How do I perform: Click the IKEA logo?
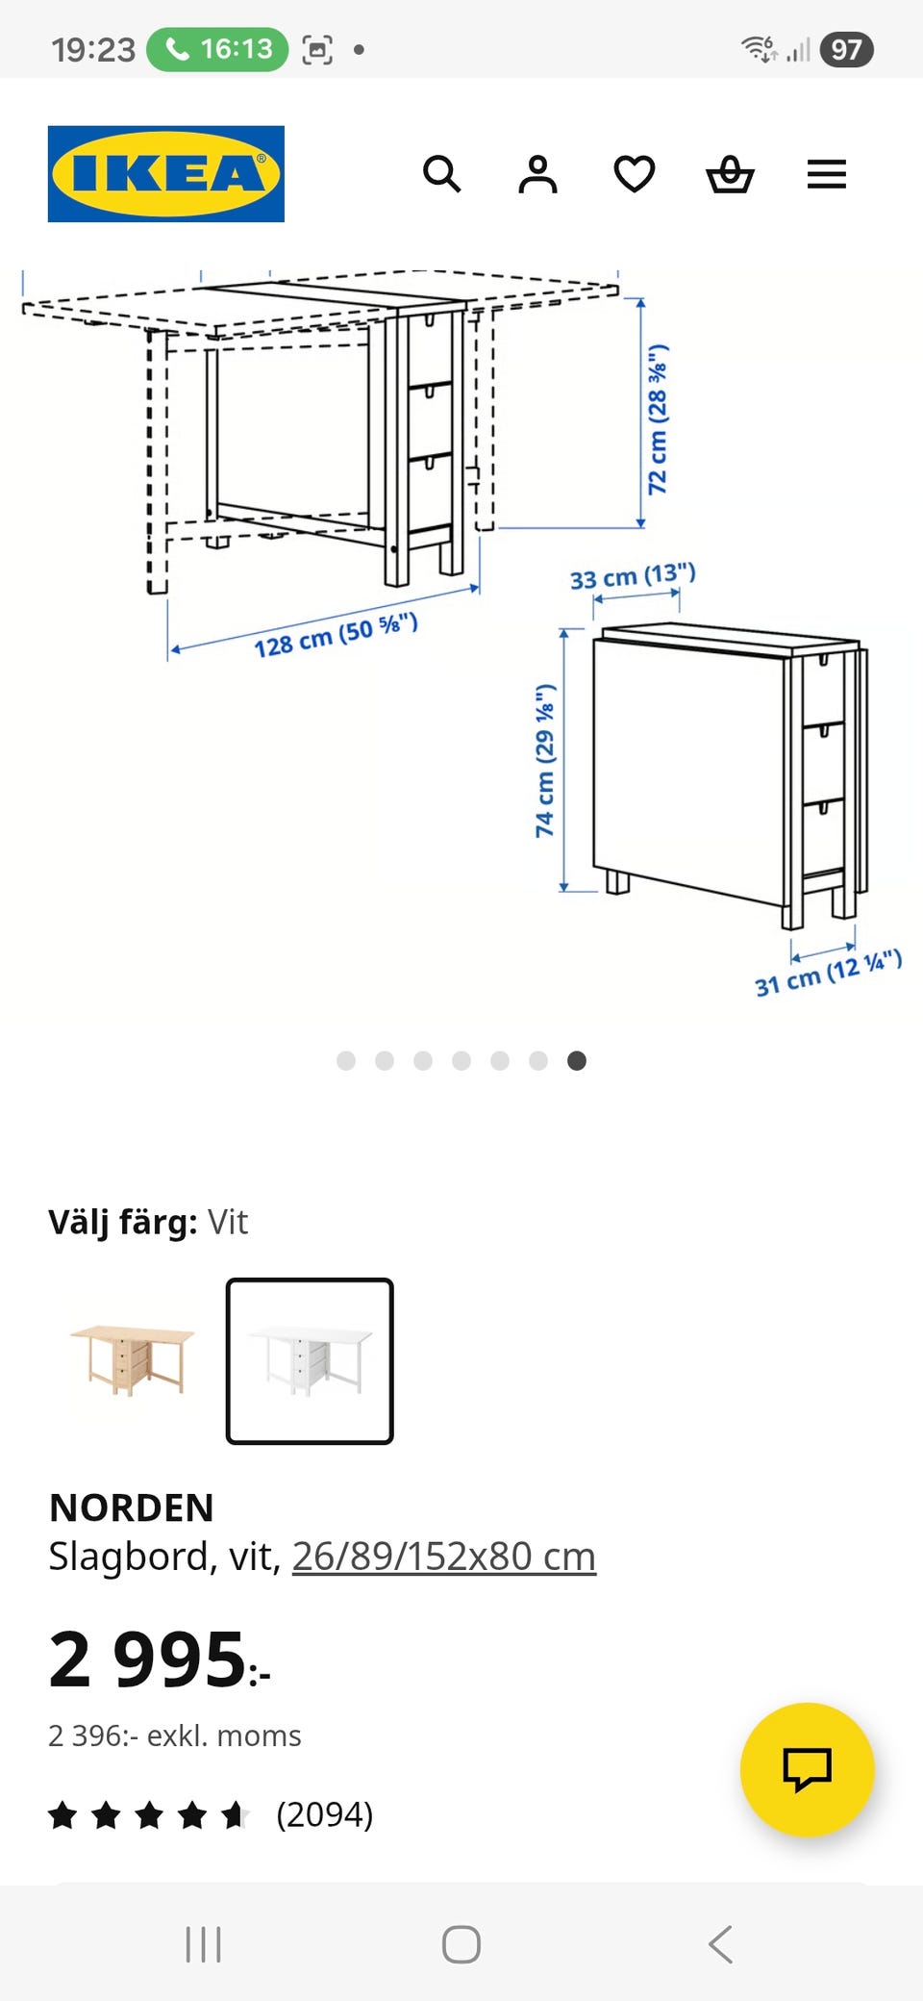[166, 174]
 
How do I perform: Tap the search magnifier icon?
[442, 174]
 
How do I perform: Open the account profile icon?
[537, 174]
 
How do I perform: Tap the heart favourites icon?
[635, 174]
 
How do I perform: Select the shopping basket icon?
[731, 174]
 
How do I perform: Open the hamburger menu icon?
[827, 174]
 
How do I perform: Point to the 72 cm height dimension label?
[658, 419]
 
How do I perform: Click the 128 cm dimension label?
[336, 635]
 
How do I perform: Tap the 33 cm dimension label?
[633, 576]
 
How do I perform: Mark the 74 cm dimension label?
[545, 760]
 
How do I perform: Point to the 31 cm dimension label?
[828, 973]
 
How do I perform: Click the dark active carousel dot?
[577, 1060]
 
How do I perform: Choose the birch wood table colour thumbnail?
[133, 1360]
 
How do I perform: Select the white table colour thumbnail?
[310, 1361]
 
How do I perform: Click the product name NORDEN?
[132, 1507]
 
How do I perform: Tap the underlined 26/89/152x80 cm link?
[444, 1557]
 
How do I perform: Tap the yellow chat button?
[808, 1770]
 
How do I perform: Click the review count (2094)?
[325, 1814]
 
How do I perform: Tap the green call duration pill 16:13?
[217, 49]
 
